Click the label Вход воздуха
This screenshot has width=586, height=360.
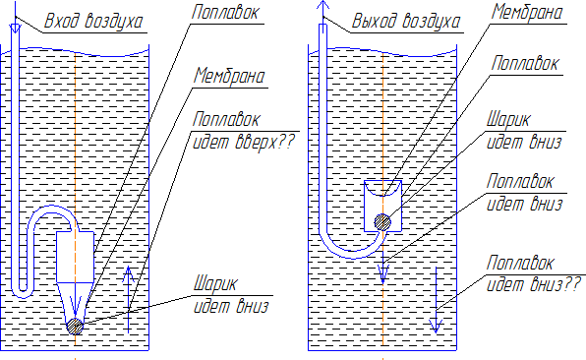(93, 21)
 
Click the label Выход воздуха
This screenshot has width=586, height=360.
(406, 21)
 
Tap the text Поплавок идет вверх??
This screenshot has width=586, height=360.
(244, 131)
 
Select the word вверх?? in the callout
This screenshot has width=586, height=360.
(265, 142)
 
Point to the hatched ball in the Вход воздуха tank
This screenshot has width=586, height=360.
(75, 327)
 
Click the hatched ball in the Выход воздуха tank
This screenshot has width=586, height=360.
(382, 222)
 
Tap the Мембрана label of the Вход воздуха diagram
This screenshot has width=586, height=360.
(229, 77)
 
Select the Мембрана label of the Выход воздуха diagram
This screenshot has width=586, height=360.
(527, 12)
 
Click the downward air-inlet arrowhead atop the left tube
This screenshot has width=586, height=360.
(15, 29)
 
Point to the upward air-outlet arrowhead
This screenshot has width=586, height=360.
(322, 5)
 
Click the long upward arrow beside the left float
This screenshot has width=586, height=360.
(129, 299)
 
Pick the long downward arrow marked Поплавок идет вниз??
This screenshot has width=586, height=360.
(436, 300)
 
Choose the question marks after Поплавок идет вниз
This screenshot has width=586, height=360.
(571, 284)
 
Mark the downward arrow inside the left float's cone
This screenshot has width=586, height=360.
(76, 299)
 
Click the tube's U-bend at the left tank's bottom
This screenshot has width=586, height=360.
(22, 294)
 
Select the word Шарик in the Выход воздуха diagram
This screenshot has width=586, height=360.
(508, 120)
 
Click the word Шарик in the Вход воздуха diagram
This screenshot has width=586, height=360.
(215, 284)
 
